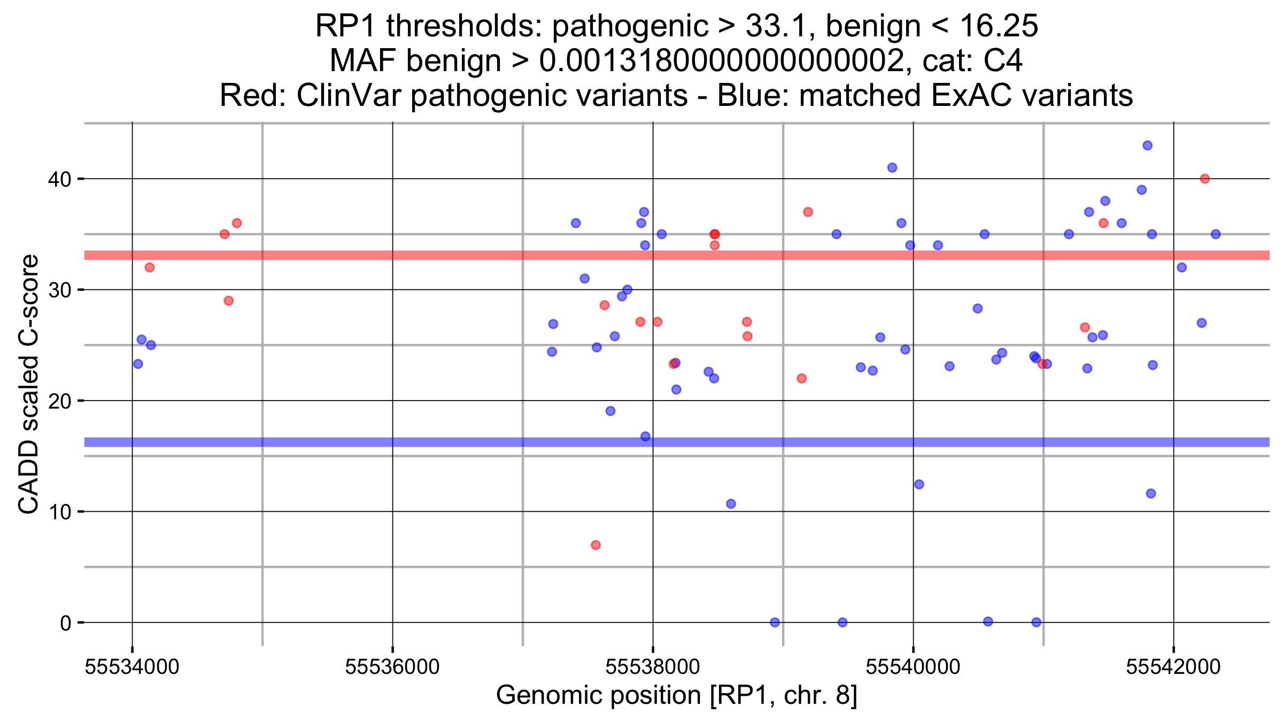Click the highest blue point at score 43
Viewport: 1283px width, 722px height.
click(1147, 145)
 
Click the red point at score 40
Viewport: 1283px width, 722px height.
click(1204, 179)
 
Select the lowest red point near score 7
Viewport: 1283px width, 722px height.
click(596, 545)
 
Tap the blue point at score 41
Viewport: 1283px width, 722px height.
click(892, 167)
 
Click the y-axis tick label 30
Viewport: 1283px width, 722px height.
click(59, 290)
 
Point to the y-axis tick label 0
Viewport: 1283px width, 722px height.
click(65, 623)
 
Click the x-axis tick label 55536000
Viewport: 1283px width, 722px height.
click(392, 667)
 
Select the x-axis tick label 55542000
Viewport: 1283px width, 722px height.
click(1173, 667)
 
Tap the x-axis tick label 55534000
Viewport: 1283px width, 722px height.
click(132, 667)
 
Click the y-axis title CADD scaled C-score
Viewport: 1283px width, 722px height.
click(28, 384)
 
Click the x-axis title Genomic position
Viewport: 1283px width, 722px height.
click(676, 695)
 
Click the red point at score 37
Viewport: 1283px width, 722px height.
click(808, 212)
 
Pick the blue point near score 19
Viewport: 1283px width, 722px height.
click(610, 411)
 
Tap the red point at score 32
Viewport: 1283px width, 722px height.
click(150, 267)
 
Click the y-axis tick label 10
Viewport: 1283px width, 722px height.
click(59, 512)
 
